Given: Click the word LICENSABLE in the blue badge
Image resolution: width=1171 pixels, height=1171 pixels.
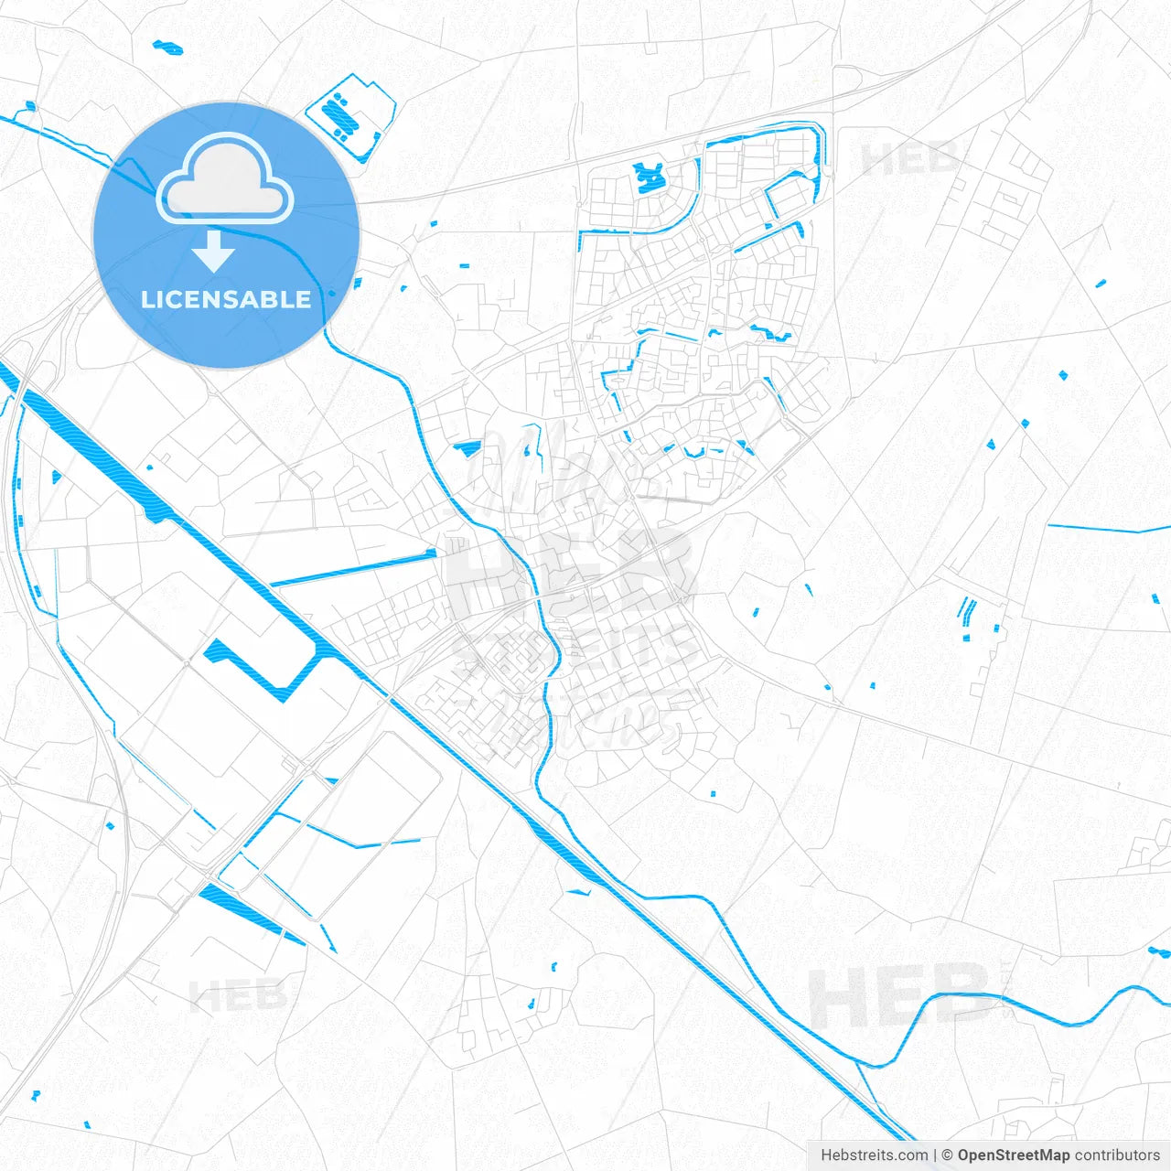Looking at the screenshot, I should point(226,300).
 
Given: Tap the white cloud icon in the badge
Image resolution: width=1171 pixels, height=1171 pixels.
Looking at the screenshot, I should point(225,179).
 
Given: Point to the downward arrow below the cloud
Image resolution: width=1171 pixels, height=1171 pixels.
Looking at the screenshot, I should point(214,251).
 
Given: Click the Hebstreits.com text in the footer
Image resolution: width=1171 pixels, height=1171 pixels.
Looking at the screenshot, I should point(874,1155).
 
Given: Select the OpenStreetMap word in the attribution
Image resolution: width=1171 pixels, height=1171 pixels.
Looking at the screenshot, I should point(1013,1155).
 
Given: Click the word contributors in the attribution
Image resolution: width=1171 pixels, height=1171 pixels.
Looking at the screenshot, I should point(1117,1155).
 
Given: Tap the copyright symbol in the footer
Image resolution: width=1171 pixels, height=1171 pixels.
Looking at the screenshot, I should point(947,1155).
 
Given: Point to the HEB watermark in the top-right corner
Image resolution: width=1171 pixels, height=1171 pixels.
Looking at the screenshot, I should point(910,158).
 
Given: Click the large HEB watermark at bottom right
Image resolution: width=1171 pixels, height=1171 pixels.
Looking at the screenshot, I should point(900,996).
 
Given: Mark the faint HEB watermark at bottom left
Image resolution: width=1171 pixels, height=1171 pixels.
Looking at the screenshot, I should point(237,995).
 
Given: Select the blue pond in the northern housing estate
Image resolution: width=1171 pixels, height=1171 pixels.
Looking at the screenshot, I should point(649,176).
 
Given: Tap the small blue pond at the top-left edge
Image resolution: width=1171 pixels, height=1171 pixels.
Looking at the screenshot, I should point(167,47).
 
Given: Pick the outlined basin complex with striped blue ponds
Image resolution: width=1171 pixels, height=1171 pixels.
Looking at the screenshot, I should point(350,114).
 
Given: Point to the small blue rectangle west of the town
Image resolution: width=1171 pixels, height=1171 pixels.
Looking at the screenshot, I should point(467,448).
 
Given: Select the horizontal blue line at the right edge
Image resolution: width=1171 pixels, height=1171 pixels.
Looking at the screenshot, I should point(1107,529).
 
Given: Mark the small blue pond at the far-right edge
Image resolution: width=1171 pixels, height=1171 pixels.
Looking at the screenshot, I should point(1158,951).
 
